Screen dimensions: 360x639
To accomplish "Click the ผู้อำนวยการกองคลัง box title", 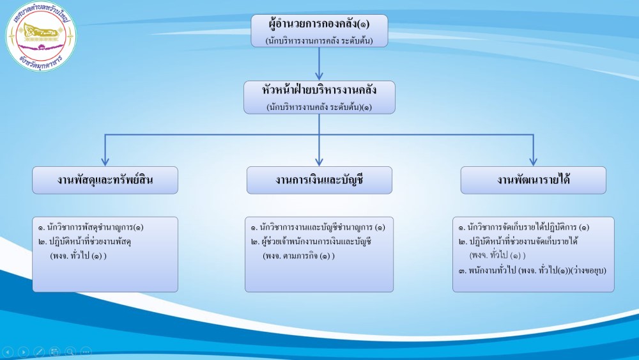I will [x=319, y=25].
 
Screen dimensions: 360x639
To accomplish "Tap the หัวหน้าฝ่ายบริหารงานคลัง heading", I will [x=319, y=90].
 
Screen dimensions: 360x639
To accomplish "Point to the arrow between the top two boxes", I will [x=319, y=64].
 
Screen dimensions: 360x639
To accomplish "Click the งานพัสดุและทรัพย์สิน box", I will [x=105, y=180].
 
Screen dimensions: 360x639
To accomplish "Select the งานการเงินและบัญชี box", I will [x=319, y=180].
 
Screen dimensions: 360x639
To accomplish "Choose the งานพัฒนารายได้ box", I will [x=533, y=180].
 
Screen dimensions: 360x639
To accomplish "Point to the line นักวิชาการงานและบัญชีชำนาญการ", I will [x=318, y=228].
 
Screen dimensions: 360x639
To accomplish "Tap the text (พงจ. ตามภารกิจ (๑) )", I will [x=298, y=256].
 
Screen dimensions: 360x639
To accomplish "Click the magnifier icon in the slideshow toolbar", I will [x=70, y=351].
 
